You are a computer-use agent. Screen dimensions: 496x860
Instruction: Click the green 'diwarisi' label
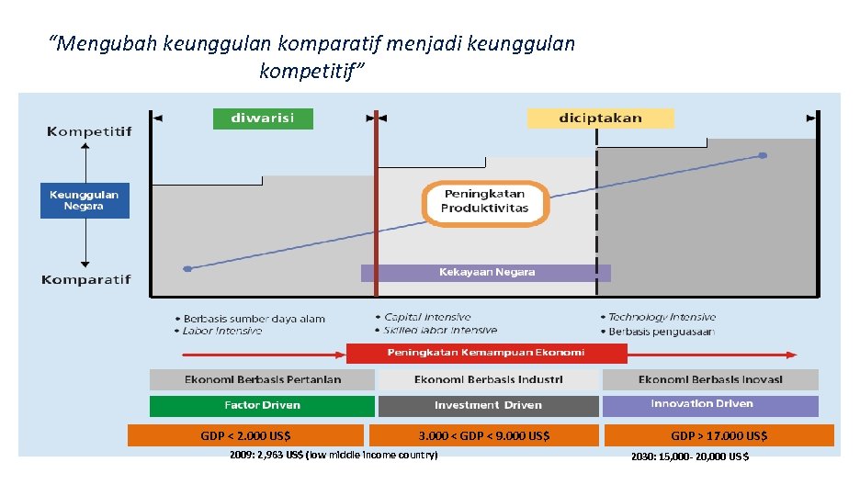coord(263,118)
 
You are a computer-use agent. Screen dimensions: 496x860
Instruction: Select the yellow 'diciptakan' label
coord(600,118)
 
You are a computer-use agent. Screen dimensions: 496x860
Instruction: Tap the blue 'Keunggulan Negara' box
coord(85,200)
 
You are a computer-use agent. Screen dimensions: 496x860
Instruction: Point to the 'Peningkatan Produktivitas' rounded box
coord(485,201)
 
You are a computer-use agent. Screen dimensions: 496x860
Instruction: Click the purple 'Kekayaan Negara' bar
coord(485,273)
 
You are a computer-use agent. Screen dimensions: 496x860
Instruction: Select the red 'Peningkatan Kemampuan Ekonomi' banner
coord(486,353)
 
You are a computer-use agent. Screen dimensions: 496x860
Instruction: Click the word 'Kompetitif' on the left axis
coord(89,132)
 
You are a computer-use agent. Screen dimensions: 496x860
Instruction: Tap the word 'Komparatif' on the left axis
coord(85,279)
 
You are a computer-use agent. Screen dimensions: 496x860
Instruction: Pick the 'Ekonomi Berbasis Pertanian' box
coord(262,379)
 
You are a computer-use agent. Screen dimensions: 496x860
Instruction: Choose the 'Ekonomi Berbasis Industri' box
coord(488,379)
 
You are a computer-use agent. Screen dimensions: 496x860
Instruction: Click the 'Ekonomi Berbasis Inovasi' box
coord(709,379)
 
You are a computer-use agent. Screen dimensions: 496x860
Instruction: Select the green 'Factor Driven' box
coord(262,405)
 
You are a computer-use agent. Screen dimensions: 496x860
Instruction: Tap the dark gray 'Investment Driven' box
coord(488,405)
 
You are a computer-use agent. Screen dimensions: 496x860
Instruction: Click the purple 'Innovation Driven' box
coord(709,405)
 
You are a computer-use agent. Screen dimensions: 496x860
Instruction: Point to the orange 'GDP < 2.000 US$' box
coord(246,435)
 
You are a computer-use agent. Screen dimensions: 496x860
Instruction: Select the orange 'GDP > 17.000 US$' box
coord(719,435)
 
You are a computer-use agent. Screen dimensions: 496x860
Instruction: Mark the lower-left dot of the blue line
coord(187,269)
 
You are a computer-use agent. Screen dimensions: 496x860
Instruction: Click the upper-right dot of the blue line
coord(762,156)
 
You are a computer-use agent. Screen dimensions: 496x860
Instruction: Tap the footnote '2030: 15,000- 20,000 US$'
coord(689,457)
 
